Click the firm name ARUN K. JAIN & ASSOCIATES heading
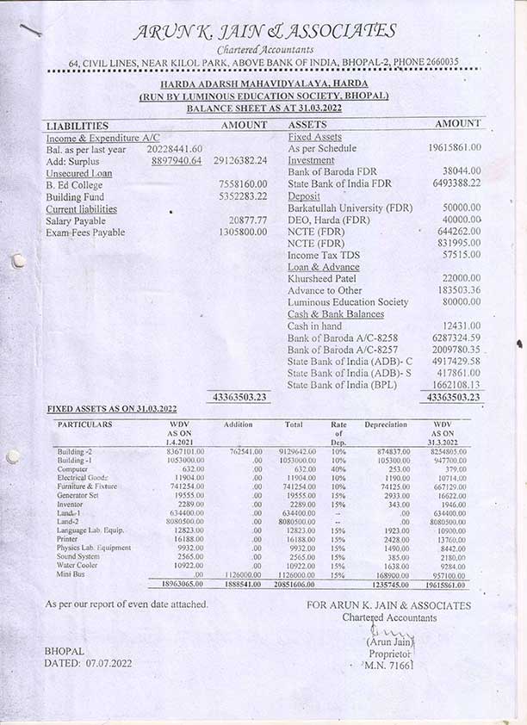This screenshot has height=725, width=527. (264, 32)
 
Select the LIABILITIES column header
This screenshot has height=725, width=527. (77, 126)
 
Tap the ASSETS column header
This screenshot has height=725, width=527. (308, 125)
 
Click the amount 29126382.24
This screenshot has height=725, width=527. (240, 160)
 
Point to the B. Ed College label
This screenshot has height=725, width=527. (74, 184)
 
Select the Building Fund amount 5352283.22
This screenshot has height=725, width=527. (243, 196)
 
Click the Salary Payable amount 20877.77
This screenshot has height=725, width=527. (249, 220)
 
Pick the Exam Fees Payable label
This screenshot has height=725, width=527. (85, 232)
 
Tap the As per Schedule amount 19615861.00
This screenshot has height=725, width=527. (454, 148)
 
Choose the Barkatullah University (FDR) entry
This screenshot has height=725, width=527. (350, 208)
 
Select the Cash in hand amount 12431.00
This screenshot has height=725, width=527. (462, 326)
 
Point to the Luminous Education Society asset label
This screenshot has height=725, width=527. (348, 302)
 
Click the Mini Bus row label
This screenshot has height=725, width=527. (71, 573)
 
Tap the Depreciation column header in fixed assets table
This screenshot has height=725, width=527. (386, 424)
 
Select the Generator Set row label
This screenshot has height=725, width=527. (78, 496)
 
